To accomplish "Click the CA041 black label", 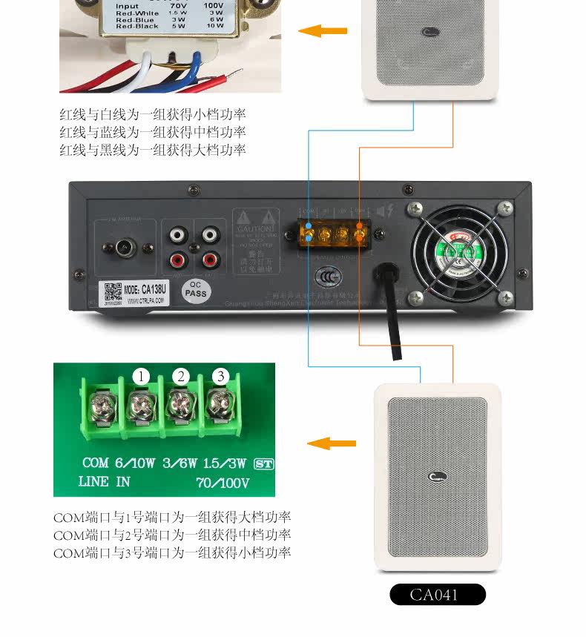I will click(x=438, y=595).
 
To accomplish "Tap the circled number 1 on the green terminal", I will click(x=142, y=376).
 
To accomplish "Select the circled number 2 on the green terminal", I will click(x=181, y=376).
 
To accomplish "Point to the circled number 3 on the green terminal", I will click(x=220, y=376).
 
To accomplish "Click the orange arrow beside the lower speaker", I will click(x=331, y=443).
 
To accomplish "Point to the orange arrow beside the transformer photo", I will click(x=323, y=31).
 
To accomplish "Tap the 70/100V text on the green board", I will click(x=223, y=483).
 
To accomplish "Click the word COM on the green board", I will click(x=96, y=463).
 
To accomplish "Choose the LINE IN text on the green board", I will click(x=104, y=482).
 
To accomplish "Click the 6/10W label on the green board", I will click(x=135, y=463).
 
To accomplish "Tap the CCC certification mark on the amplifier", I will click(x=328, y=277).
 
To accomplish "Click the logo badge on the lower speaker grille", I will click(x=437, y=477).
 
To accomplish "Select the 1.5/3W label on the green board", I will click(x=224, y=463).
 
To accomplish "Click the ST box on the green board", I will click(x=263, y=463).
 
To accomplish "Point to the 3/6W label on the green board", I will click(x=180, y=463).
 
